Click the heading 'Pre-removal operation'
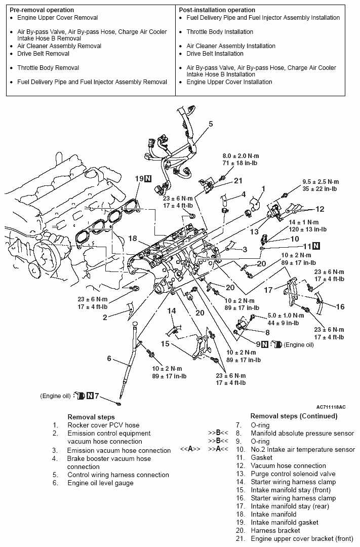point(42,10)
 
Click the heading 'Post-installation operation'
point(217,10)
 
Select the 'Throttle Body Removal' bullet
point(48,68)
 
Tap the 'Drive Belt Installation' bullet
point(215,54)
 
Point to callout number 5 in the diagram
point(211,124)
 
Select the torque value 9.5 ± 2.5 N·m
point(321,181)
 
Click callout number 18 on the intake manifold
point(133,238)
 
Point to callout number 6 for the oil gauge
point(108,359)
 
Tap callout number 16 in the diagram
point(340,306)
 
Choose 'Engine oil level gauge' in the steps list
point(100,483)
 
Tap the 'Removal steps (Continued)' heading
point(294,416)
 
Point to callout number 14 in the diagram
point(172,310)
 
